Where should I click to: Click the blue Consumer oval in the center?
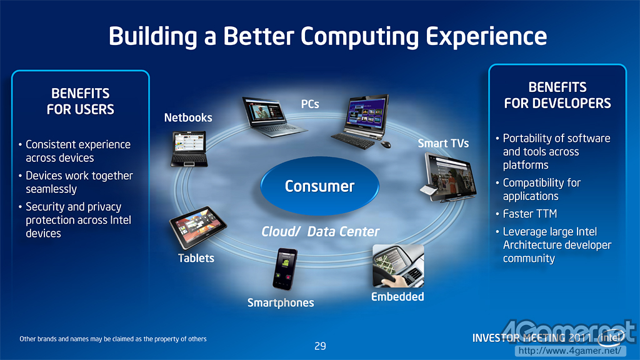[319, 186]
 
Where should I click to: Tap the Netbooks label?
[188, 118]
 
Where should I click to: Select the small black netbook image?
[189, 149]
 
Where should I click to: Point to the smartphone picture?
[285, 269]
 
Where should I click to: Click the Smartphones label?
[281, 303]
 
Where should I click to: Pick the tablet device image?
[198, 227]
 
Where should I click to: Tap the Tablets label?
[196, 258]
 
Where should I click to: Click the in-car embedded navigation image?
[398, 266]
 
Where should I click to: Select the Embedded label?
[397, 297]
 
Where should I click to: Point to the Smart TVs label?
[443, 143]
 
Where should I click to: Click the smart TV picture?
[448, 177]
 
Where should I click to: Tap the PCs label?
[310, 104]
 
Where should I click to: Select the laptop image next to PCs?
[273, 117]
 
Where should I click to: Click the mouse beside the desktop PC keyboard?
[386, 144]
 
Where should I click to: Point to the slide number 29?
[320, 346]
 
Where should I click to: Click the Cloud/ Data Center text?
[321, 232]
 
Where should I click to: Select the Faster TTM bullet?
[526, 214]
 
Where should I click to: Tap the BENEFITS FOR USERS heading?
[81, 102]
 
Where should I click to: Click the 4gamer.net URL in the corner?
[570, 351]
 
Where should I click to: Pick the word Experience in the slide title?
[486, 37]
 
